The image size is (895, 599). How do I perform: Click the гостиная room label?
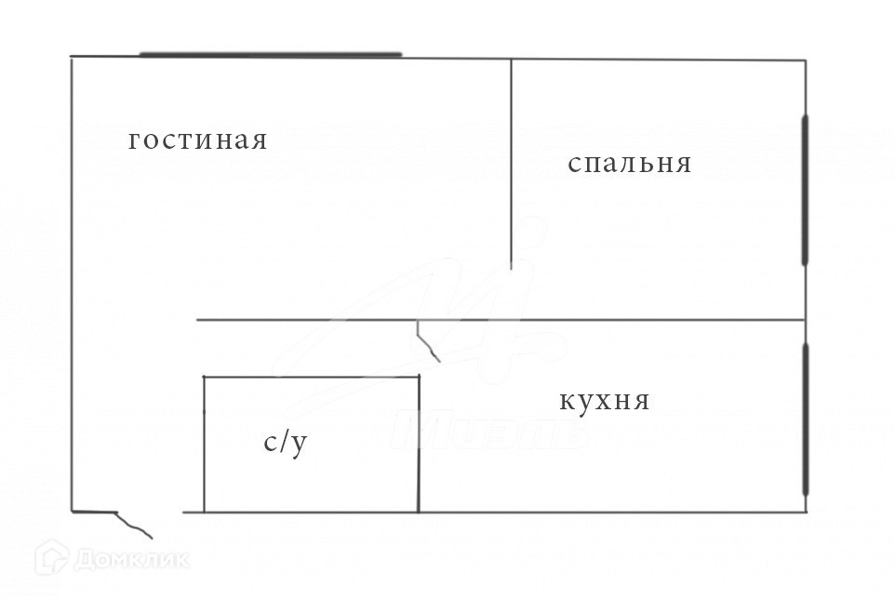coord(197,140)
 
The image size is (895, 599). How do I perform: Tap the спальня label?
coord(629,164)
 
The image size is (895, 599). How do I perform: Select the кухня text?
coord(604,402)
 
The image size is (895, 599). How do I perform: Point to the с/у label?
coord(285,443)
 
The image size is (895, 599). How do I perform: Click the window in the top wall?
coord(270,55)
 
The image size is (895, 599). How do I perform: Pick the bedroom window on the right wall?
coord(805,191)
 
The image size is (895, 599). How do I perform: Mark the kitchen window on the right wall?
coord(806,419)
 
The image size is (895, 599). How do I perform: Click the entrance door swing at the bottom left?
coord(131,524)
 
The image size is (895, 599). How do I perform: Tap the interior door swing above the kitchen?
coord(427,342)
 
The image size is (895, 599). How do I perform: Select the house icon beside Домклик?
coord(51,558)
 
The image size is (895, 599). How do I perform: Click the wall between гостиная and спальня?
coord(511,163)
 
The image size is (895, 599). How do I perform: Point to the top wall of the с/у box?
coord(311,377)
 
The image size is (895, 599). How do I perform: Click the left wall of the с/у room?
coord(204,444)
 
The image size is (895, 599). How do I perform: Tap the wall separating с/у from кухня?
coord(419,444)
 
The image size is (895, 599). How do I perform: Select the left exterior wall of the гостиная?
coord(72,279)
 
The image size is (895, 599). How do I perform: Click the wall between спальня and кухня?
coord(651,320)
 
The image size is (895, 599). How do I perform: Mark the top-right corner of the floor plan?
coord(805,60)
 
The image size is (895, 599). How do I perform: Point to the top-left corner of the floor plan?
coord(72,58)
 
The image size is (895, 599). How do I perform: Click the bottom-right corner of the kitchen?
coord(806,512)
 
